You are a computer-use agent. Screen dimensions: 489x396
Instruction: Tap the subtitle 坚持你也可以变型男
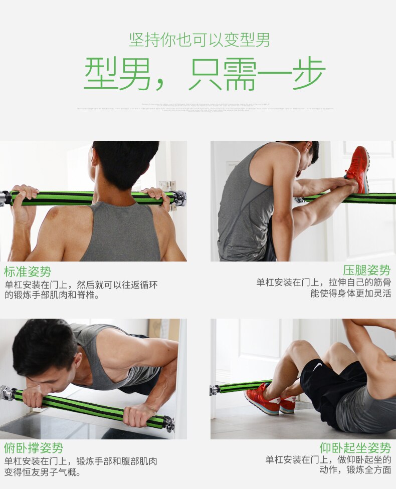tap(200, 40)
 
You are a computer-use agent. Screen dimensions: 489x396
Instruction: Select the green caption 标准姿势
tap(28, 272)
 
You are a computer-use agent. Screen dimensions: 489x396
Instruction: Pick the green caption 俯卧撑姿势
tap(34, 447)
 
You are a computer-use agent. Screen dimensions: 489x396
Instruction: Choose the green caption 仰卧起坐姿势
tap(355, 447)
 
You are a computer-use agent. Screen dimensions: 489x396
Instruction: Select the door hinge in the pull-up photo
tap(167, 186)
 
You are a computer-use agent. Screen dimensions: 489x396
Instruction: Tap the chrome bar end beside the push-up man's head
tap(7, 392)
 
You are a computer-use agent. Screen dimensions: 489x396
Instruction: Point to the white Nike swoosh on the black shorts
tap(317, 368)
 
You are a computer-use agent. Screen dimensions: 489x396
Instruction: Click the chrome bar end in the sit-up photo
tap(215, 389)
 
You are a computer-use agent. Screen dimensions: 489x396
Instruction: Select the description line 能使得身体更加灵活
tap(350, 294)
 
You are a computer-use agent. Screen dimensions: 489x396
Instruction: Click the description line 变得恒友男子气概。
tap(43, 472)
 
